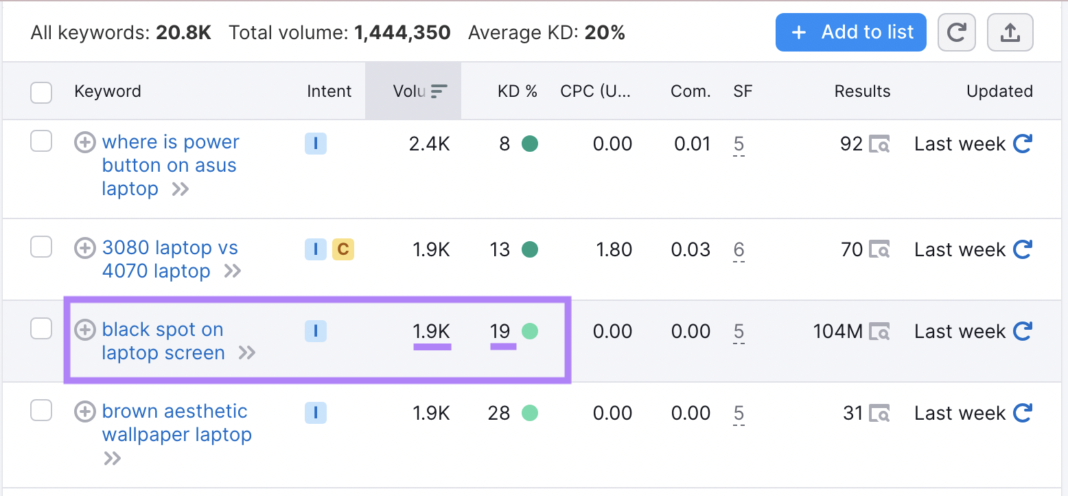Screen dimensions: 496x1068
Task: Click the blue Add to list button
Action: pos(850,32)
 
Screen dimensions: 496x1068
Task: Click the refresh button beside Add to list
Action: pos(956,32)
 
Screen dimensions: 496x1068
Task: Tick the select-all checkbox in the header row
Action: pos(41,92)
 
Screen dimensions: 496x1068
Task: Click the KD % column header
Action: pos(517,91)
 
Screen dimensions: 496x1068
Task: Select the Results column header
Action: pos(862,91)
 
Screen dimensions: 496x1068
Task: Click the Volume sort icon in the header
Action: pos(439,91)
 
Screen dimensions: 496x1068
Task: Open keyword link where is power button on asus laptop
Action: pos(170,165)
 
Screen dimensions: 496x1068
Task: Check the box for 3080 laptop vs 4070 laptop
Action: pos(41,247)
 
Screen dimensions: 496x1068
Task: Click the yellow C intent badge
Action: pos(343,249)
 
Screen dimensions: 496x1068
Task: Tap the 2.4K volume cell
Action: pos(429,144)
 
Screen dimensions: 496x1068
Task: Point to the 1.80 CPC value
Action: pos(614,249)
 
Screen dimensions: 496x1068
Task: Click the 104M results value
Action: pos(837,331)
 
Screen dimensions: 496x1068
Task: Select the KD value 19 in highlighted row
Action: pos(500,331)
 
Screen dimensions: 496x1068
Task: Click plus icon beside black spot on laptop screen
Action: pos(84,330)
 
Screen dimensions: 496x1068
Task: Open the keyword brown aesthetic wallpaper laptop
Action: pos(176,422)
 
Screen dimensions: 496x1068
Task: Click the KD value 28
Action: pos(499,413)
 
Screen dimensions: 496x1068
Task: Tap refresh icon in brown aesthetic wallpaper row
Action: pos(1023,413)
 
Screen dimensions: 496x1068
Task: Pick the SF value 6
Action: pos(739,249)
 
